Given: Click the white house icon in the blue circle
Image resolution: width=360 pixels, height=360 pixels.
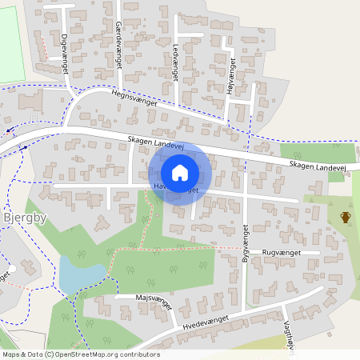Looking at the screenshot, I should (x=180, y=173).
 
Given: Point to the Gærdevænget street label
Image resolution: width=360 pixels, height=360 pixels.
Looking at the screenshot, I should (x=118, y=46).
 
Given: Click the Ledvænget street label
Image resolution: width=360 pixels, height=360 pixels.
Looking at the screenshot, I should (x=175, y=62).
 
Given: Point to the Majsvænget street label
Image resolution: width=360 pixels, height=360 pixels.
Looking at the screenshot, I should (x=134, y=297).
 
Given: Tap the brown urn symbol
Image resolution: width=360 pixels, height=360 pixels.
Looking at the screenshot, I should (x=346, y=217).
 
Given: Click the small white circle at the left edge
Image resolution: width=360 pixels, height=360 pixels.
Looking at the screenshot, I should (x=11, y=269).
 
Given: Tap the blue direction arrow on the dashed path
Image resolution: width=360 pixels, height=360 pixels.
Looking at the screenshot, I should (x=8, y=130).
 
